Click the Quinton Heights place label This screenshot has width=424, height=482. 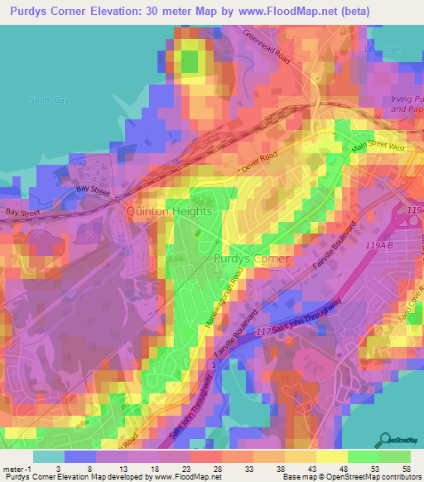[169, 211]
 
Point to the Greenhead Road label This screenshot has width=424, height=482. [267, 49]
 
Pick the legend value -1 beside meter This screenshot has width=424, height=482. [30, 468]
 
